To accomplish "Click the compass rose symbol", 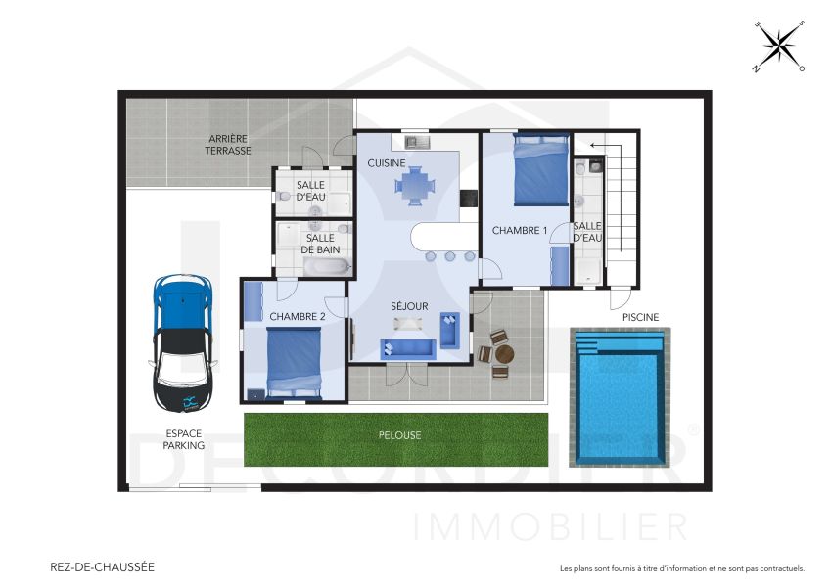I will (779, 46).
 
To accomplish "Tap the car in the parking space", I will (183, 342).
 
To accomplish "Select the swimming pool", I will (619, 397).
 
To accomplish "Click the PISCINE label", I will (640, 317).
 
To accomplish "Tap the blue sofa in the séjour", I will (409, 347).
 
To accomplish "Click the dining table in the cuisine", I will (417, 184).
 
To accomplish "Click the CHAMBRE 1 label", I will (519, 231).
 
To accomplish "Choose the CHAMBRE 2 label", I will (297, 316).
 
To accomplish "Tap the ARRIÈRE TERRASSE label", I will (228, 145).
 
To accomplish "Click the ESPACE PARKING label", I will (184, 439).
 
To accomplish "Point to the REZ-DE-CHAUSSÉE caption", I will (102, 566).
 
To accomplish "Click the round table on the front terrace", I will (504, 353).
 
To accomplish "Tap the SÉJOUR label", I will (409, 306).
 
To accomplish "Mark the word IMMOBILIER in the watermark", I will (551, 526).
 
